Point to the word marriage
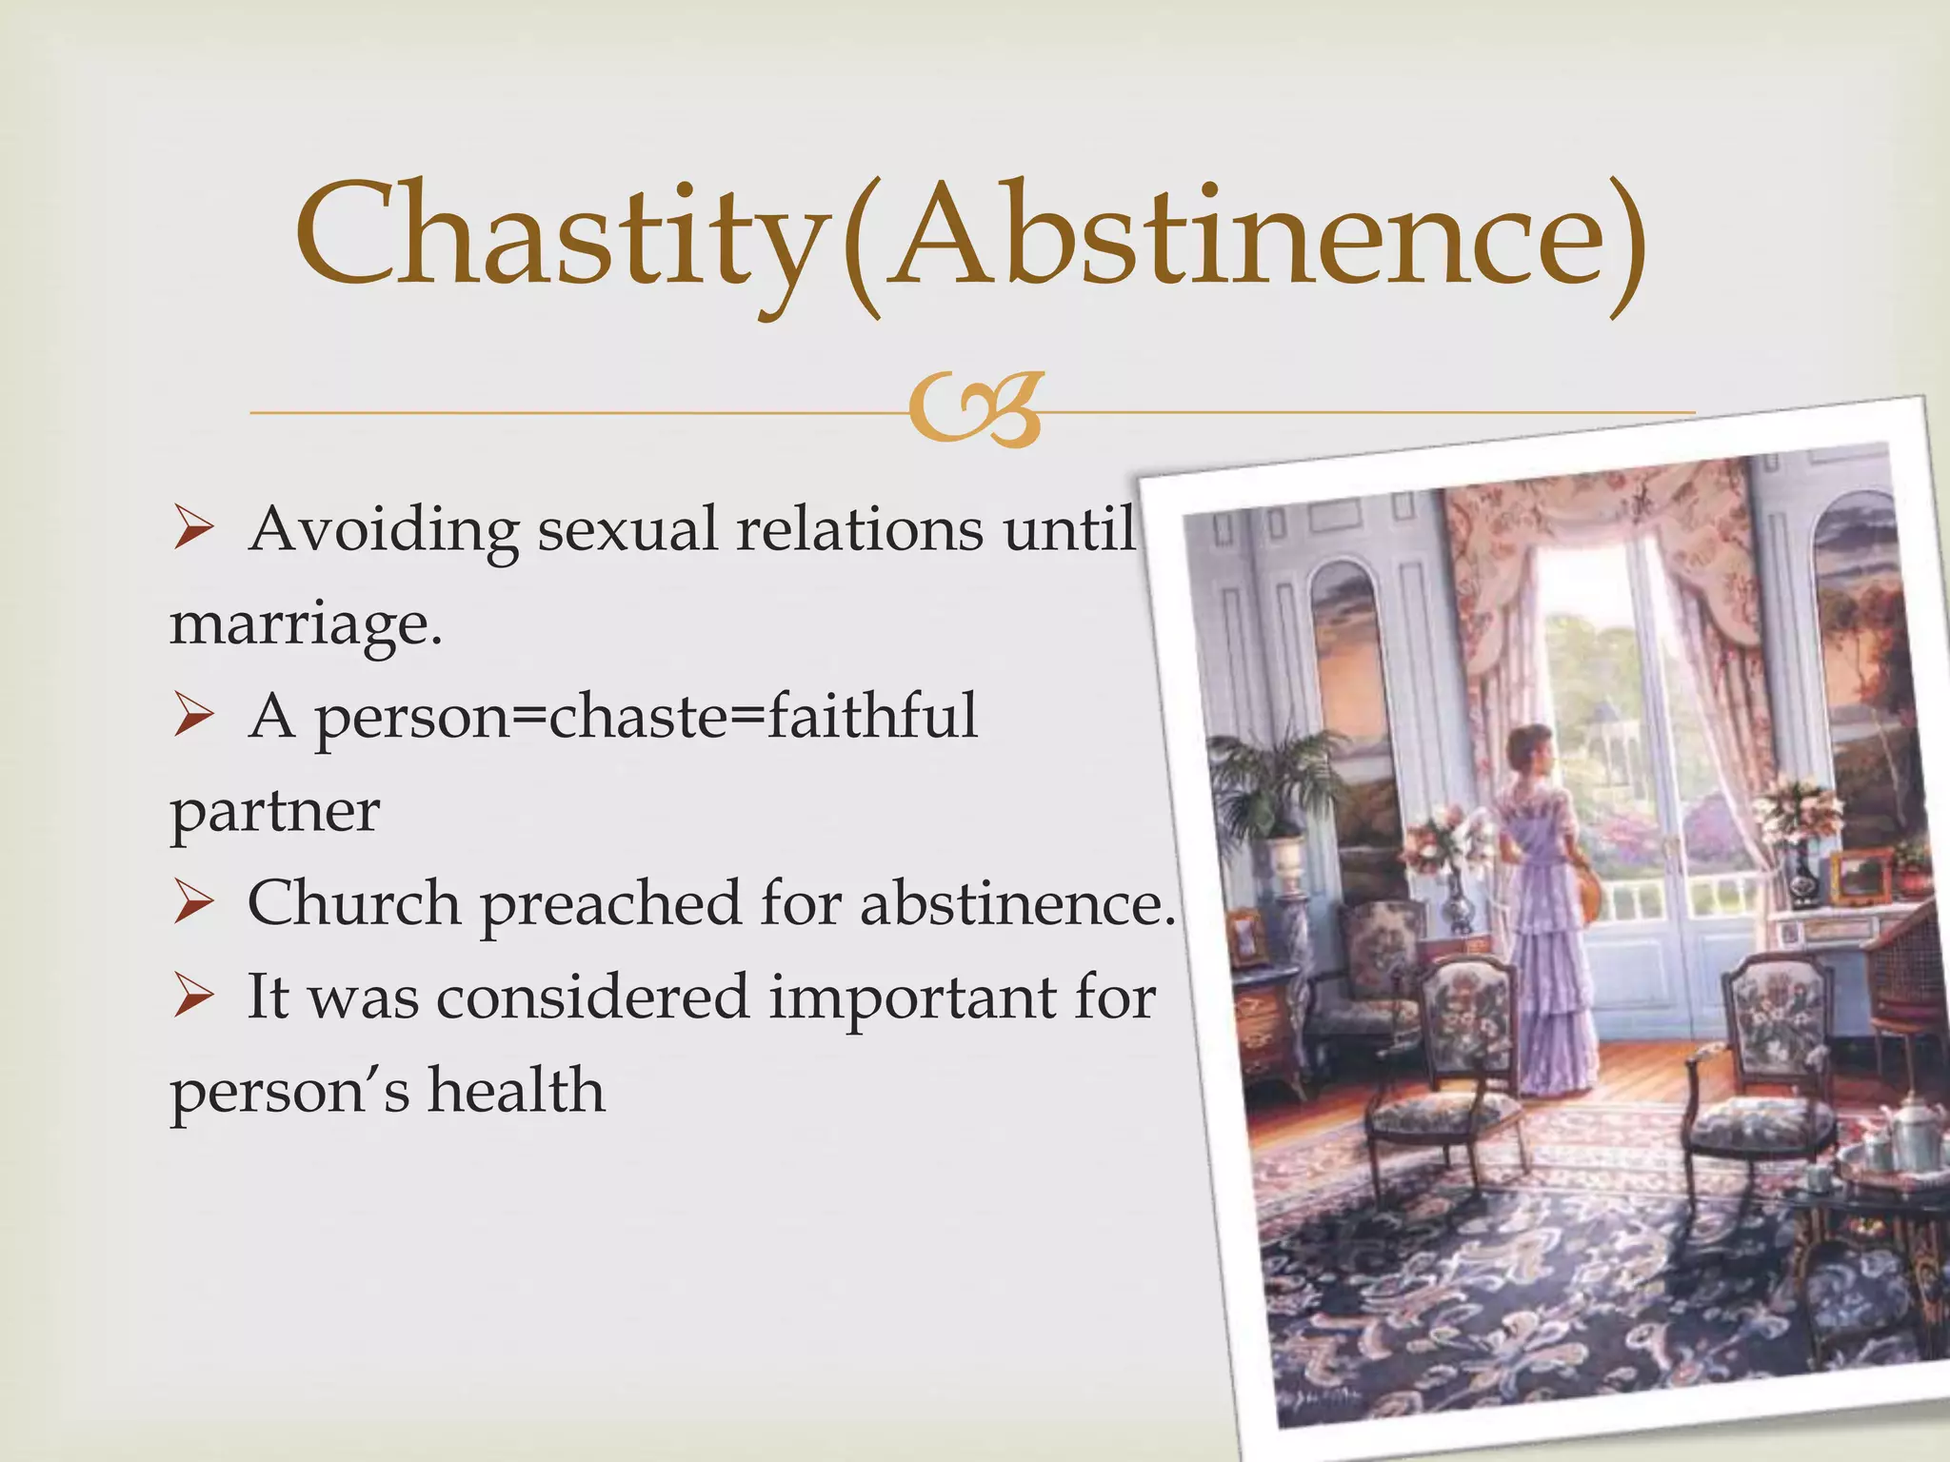pyautogui.click(x=305, y=626)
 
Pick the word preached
pyautogui.click(x=609, y=904)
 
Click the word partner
pyautogui.click(x=274, y=812)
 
